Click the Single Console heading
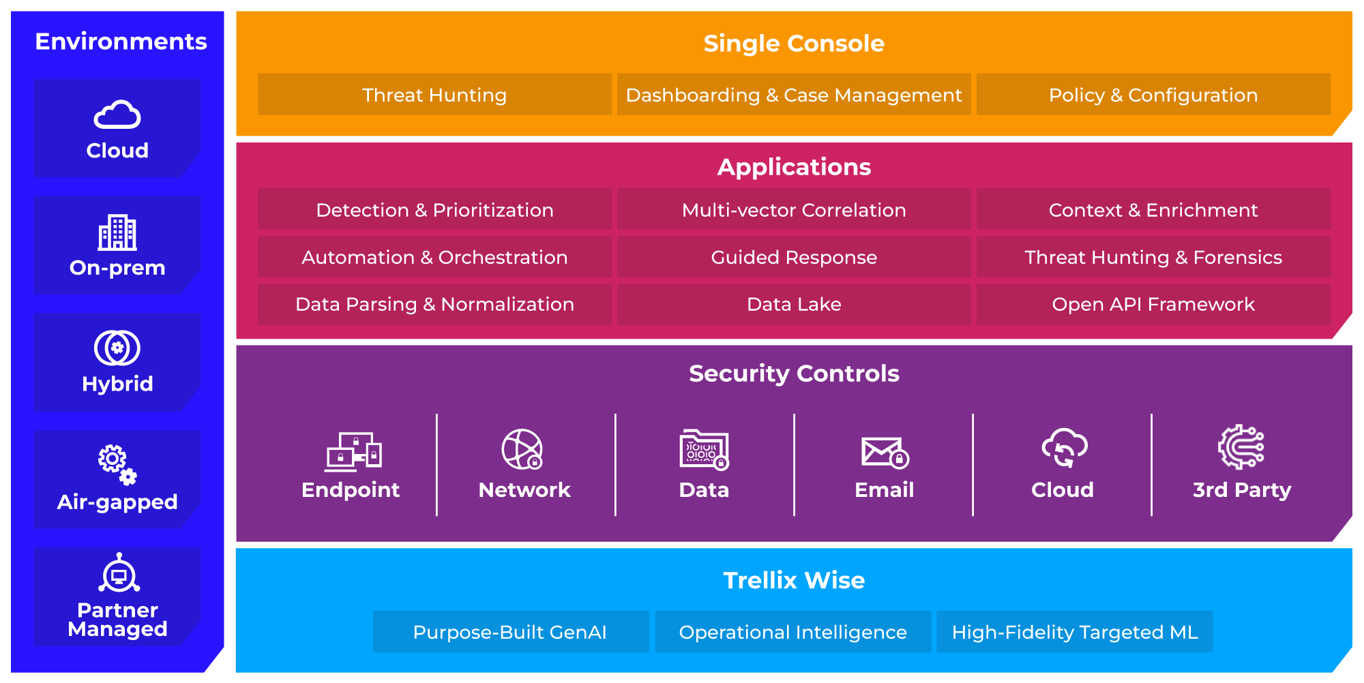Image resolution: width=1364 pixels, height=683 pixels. point(794,44)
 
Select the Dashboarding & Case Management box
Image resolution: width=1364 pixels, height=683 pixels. point(794,95)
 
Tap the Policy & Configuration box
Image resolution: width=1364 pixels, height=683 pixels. point(1153,95)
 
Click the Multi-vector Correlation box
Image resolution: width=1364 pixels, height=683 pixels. point(794,210)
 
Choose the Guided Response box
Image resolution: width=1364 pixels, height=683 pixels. point(794,257)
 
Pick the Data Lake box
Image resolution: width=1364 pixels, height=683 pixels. point(794,304)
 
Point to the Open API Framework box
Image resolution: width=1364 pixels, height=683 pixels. point(1153,304)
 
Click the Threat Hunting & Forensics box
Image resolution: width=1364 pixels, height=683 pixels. point(1153,257)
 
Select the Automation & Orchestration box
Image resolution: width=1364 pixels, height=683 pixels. point(434,257)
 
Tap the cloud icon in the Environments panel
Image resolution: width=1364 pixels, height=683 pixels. point(117,115)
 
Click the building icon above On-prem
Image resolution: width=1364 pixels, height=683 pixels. point(117,232)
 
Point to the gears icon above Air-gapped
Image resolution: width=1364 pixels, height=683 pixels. point(117,465)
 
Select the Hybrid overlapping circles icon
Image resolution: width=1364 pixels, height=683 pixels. point(117,348)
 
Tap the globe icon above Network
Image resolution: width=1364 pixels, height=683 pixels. point(522,449)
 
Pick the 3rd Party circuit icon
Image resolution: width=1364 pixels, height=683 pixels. point(1241,447)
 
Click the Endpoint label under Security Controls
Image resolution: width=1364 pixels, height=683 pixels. point(351,490)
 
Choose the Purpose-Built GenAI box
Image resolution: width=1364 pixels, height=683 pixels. point(510,632)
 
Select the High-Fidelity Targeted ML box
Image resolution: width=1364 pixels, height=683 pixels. point(1074,632)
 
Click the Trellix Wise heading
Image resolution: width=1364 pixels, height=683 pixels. point(794,581)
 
